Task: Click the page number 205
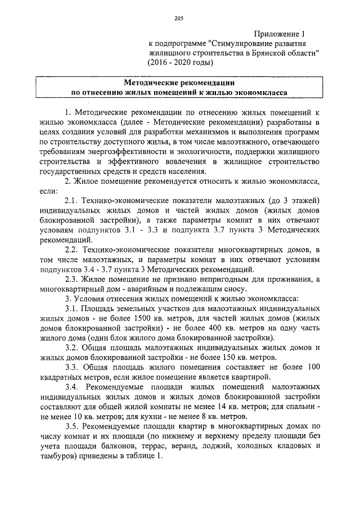(179, 19)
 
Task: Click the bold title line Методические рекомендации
(178, 82)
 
